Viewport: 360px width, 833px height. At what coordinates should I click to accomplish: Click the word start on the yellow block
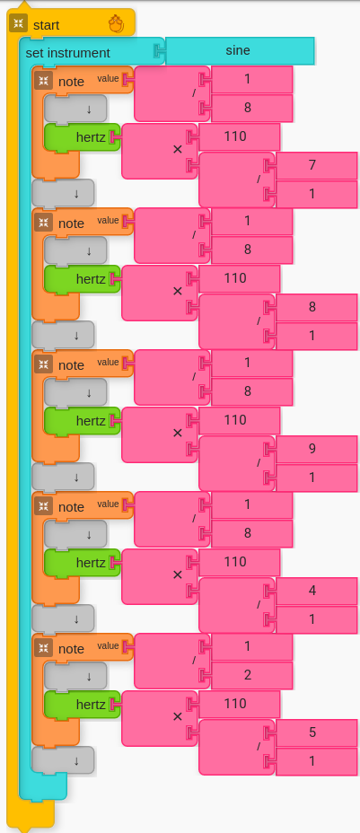46,25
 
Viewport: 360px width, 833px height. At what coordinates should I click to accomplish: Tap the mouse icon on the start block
117,24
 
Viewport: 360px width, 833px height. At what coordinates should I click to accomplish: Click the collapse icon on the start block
19,23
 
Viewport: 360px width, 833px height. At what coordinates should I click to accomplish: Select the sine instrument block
240,51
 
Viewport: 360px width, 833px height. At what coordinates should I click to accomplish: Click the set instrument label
68,53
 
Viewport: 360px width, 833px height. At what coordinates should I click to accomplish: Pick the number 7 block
317,166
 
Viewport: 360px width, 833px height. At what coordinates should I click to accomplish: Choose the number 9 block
317,450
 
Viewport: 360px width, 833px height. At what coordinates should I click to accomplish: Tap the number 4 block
317,592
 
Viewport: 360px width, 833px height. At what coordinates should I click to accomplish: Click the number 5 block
317,733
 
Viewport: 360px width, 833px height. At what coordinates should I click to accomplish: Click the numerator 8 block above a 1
317,308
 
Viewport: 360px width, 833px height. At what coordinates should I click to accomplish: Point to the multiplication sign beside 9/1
178,433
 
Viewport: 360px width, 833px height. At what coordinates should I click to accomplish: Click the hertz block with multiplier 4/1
83,563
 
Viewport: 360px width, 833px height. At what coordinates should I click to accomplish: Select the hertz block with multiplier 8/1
83,279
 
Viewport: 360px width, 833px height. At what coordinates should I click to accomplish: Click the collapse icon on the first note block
43,81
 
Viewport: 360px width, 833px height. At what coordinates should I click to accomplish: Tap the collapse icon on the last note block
43,648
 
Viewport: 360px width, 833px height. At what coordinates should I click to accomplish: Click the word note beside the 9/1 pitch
71,365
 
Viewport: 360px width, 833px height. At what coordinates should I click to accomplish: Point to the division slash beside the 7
259,179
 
